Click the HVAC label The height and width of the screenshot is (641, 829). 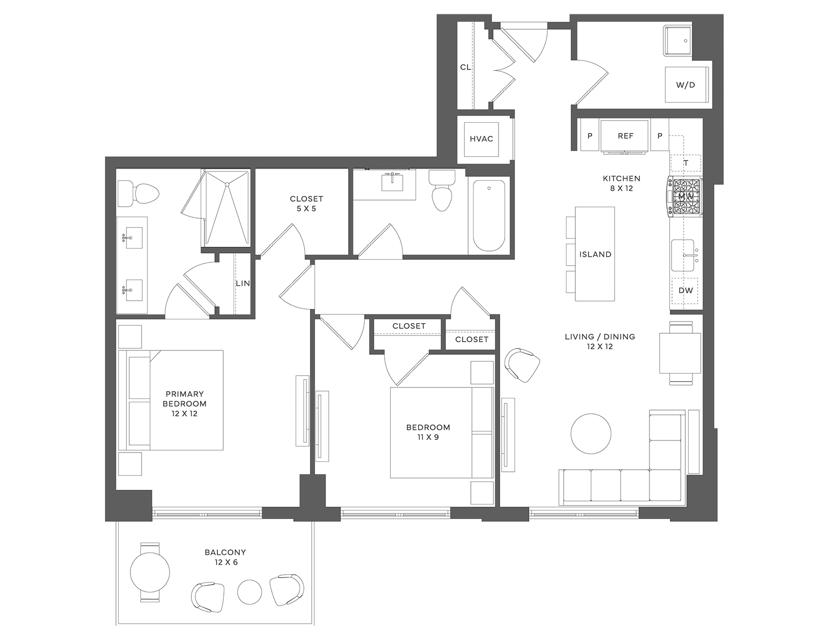coord(481,139)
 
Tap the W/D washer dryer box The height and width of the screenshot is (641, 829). coord(685,85)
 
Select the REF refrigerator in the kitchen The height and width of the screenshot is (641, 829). coord(625,135)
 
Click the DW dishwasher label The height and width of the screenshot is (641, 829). coord(685,291)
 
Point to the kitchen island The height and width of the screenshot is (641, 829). coord(595,254)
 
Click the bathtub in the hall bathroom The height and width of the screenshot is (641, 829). coord(489,215)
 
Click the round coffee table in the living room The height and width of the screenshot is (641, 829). coord(591,434)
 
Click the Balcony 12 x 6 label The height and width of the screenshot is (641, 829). coord(225,557)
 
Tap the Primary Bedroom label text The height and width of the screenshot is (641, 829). coord(185,403)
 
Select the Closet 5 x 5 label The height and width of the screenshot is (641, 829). coord(306,203)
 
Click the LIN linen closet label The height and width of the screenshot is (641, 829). coord(243,283)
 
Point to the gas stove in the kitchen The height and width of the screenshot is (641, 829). coord(685,197)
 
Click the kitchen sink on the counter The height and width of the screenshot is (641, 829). coord(683,255)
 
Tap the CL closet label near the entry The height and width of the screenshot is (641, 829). coord(465,67)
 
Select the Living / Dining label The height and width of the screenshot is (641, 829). coord(600,341)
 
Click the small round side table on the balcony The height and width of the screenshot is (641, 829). coord(249,592)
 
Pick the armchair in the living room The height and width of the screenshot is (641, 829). coord(522,365)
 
